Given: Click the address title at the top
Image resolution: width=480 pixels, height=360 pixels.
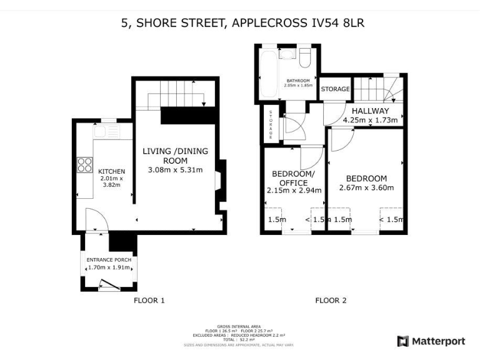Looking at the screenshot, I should [x=242, y=23].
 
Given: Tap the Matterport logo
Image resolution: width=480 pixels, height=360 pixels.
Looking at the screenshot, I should [x=431, y=341].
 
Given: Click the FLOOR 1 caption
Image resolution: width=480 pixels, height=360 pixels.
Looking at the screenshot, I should [x=149, y=301].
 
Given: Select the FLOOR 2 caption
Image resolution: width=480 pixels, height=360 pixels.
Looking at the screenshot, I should [x=331, y=301].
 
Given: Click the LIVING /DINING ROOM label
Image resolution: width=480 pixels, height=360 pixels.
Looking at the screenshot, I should [x=175, y=156].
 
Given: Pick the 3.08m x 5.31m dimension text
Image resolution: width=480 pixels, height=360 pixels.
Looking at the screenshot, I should [x=175, y=170].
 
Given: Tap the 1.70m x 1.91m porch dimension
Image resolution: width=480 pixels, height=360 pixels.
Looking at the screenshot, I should [x=108, y=267].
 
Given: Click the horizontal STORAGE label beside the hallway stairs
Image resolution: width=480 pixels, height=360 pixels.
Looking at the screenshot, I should [x=336, y=89].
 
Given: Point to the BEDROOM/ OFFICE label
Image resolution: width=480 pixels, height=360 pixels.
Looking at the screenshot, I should [x=293, y=178].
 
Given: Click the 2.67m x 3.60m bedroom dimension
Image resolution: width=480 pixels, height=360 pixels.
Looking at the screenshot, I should [x=366, y=187].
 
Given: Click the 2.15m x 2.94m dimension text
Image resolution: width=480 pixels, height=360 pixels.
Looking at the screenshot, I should [x=293, y=191].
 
